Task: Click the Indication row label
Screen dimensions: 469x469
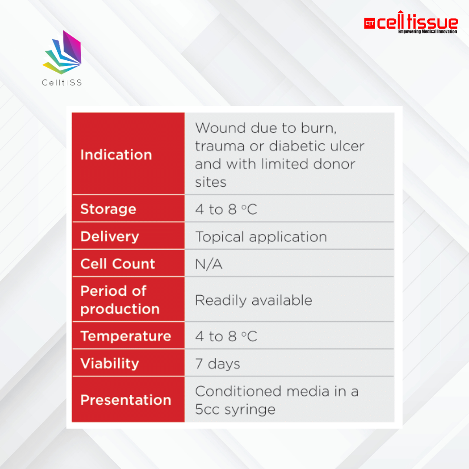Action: pos(116,155)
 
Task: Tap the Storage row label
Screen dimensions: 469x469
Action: pos(108,209)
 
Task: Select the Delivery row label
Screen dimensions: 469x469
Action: pos(110,237)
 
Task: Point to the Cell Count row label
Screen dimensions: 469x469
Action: pos(118,264)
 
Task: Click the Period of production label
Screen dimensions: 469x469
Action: pos(120,300)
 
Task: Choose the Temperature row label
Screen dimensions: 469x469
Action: pos(126,336)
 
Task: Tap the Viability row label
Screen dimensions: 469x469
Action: pos(110,364)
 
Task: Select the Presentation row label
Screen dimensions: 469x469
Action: pos(126,400)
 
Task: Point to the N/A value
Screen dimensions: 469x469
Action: pos(209,264)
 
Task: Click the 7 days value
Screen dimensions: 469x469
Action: pos(218,364)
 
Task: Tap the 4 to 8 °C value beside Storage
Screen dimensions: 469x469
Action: pos(226,209)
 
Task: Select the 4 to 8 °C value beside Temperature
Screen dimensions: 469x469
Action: pos(226,337)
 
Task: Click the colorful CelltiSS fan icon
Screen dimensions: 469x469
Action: pos(63,53)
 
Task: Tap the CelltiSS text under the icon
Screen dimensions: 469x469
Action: pos(62,83)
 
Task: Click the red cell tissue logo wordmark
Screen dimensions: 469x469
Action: pos(411,20)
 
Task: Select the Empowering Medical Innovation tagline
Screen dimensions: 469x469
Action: pos(427,31)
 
